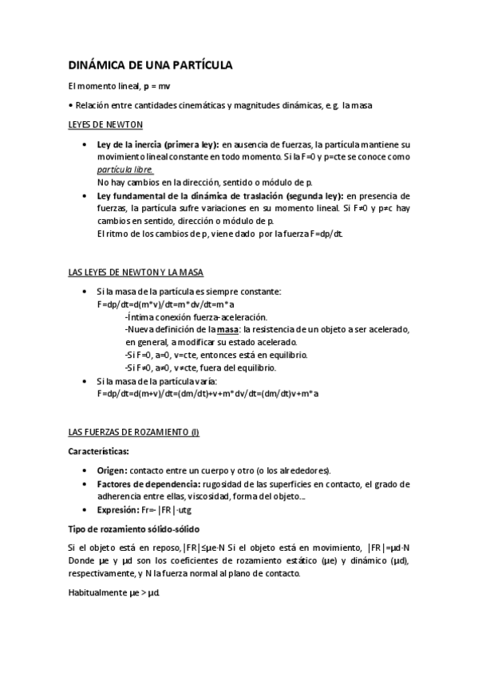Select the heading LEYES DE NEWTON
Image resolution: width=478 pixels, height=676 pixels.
click(x=105, y=125)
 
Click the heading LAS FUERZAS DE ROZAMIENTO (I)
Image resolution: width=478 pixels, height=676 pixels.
click(x=133, y=432)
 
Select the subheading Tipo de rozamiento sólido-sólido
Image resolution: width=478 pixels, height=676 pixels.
click(x=133, y=529)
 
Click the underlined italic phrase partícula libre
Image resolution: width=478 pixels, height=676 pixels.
click(x=125, y=171)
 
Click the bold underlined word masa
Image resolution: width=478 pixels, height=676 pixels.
click(x=229, y=330)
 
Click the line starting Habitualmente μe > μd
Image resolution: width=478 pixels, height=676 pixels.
click(x=115, y=593)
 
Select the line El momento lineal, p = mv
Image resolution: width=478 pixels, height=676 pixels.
click(x=120, y=86)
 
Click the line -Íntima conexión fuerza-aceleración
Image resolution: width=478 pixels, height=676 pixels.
click(x=185, y=317)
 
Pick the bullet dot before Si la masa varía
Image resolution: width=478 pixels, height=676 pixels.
click(x=85, y=382)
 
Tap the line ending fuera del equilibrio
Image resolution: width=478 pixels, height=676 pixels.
click(x=200, y=368)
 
